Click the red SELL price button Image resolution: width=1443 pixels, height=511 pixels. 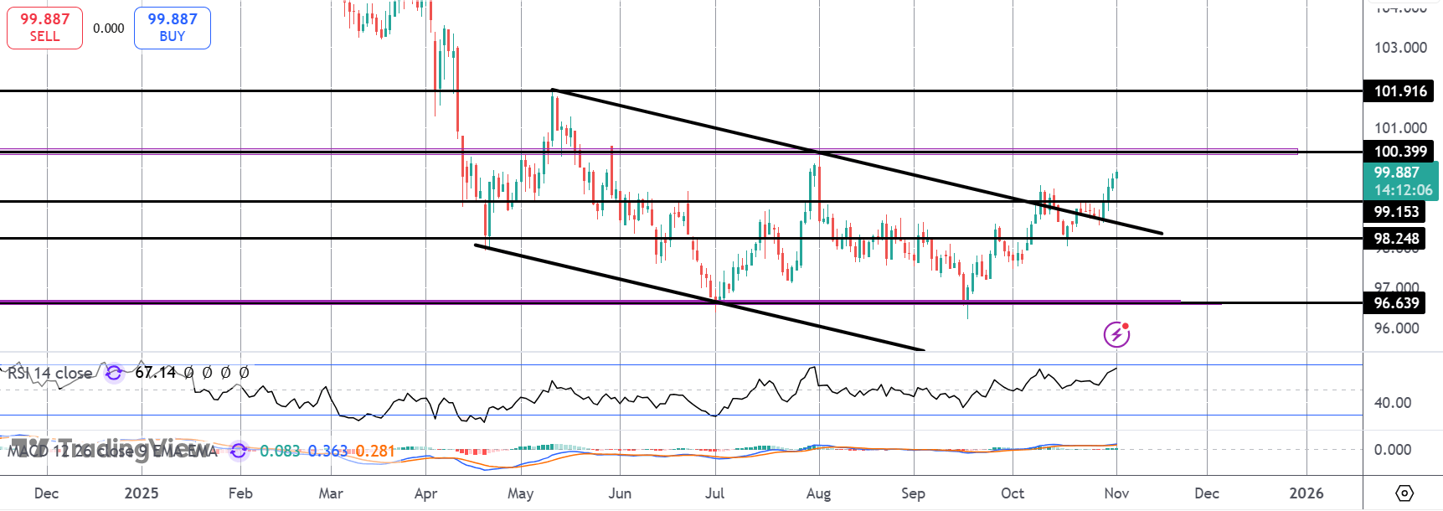(44, 28)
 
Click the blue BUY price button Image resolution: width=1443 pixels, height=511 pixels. (172, 28)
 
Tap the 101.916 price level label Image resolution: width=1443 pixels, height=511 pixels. (1399, 91)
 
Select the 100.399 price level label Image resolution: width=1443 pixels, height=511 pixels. (1399, 152)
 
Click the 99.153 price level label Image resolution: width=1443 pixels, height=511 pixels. (1395, 212)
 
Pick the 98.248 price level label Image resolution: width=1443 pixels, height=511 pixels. (1395, 239)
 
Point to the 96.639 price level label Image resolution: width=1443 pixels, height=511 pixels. (1395, 303)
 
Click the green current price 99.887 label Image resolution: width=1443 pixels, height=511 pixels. (1400, 181)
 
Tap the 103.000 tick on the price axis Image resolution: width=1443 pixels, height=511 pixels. (1400, 48)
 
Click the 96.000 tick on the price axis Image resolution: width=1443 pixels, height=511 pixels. (1396, 328)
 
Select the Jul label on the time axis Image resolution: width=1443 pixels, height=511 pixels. (714, 493)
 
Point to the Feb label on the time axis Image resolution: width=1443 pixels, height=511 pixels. (240, 493)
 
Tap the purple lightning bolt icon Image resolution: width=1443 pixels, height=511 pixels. (1116, 334)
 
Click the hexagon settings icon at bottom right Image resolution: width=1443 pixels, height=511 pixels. (1404, 493)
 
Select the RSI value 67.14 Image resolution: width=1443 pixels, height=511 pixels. (156, 373)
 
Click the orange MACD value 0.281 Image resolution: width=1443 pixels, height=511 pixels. (375, 452)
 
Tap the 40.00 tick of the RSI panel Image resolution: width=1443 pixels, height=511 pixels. (1392, 403)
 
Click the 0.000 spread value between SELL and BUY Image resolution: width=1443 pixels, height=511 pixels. (109, 28)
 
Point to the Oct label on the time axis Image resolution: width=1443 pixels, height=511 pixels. (1013, 493)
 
